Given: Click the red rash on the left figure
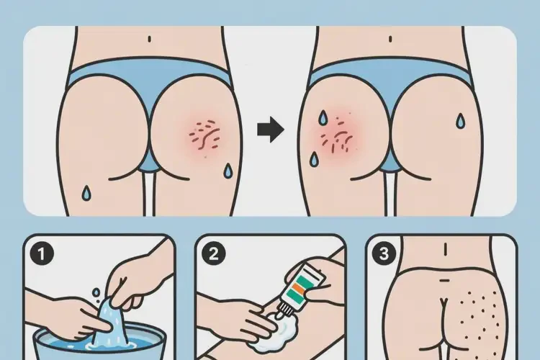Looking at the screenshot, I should click(x=206, y=133).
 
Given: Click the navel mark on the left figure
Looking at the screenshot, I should click(x=149, y=39).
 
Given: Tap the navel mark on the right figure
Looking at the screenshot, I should click(x=397, y=39).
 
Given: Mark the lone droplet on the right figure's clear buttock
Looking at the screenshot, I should click(x=458, y=120).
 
